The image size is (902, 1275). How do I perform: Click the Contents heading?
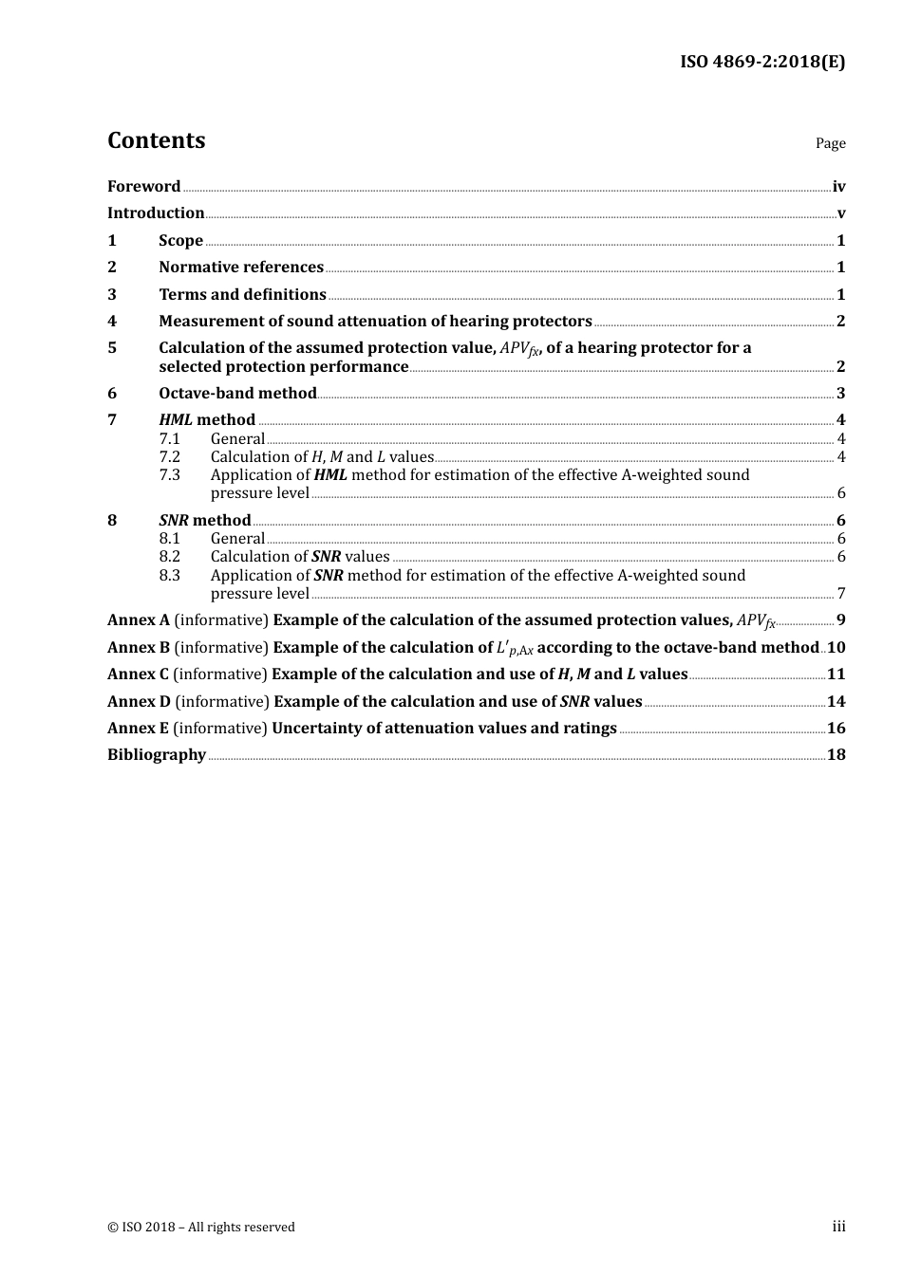(x=156, y=140)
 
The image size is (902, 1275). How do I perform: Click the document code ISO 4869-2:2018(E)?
(x=761, y=62)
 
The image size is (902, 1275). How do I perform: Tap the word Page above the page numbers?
(x=830, y=143)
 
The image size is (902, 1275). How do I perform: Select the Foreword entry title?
(x=143, y=187)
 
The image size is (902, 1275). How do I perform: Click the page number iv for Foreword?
(x=838, y=187)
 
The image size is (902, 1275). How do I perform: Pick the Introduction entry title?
(x=156, y=213)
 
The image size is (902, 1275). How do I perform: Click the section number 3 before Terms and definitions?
(x=112, y=295)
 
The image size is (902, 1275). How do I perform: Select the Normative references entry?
(x=241, y=268)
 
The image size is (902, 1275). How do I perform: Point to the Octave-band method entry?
(x=237, y=394)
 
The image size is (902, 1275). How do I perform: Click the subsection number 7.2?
(x=169, y=457)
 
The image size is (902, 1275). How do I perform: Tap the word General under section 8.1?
(x=237, y=539)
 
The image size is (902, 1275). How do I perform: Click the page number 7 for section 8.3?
(x=841, y=594)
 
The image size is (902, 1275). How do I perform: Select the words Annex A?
(x=138, y=620)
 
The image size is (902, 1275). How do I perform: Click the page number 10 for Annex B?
(x=836, y=648)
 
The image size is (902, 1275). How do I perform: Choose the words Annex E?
(x=138, y=729)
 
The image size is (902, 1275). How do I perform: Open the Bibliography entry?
(x=157, y=755)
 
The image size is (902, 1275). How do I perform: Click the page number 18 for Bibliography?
(x=836, y=755)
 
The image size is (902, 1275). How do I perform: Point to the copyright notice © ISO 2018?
(x=200, y=1227)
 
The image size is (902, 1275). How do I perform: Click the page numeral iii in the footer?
(x=838, y=1227)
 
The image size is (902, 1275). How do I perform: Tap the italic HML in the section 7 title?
(x=176, y=420)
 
